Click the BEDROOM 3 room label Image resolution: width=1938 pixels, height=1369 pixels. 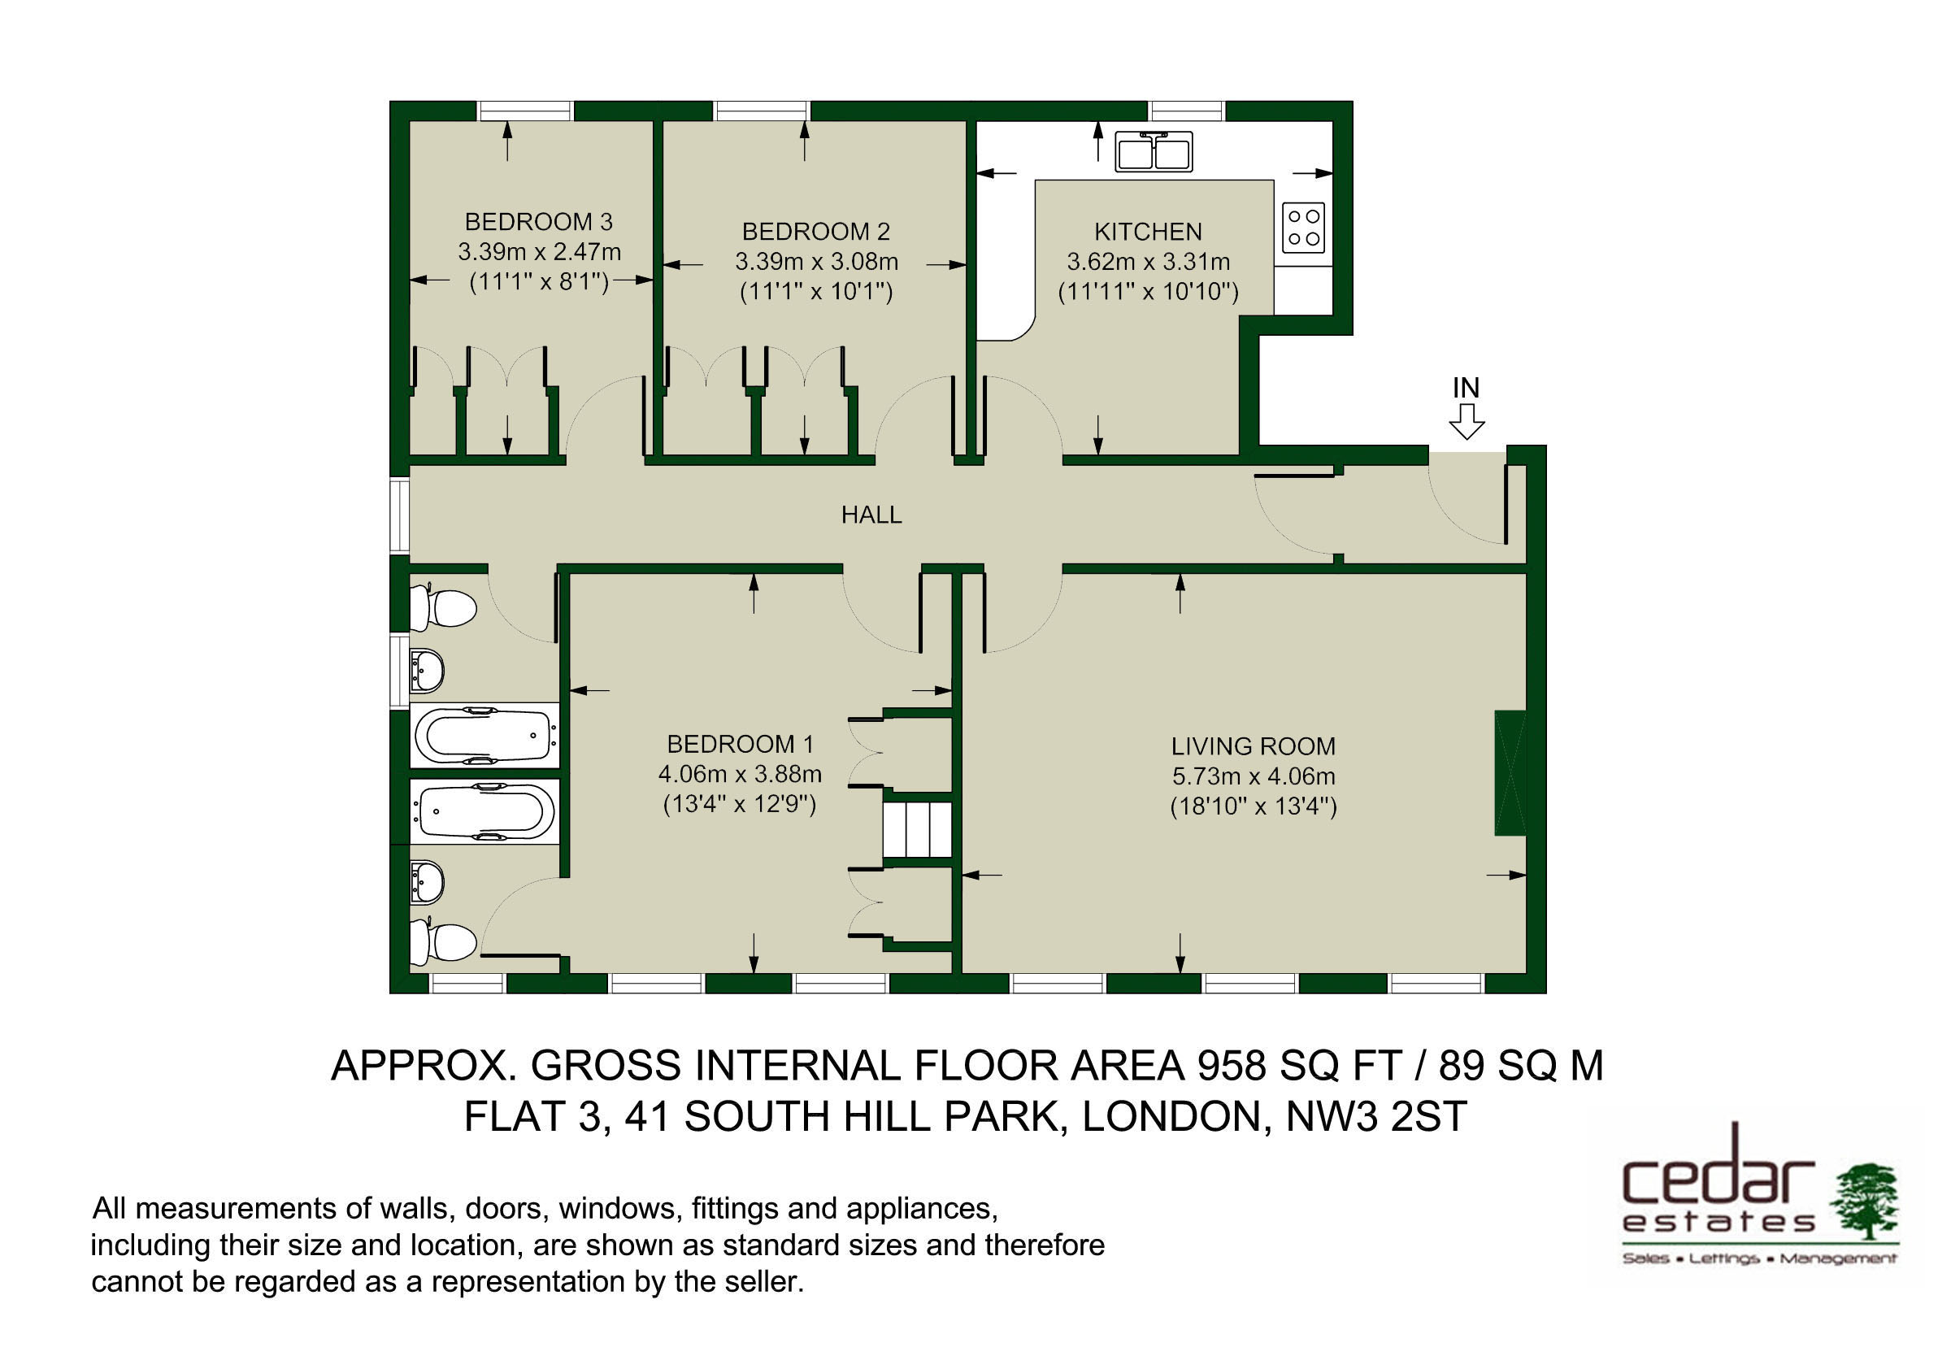(538, 222)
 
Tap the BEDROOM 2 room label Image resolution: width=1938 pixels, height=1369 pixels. (815, 231)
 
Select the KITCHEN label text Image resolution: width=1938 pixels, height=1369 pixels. (1148, 231)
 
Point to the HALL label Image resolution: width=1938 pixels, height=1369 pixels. (871, 514)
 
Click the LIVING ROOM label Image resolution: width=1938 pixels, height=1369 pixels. (1254, 746)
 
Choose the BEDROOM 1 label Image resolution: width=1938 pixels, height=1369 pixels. (741, 744)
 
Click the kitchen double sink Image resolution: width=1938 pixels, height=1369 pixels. (1153, 151)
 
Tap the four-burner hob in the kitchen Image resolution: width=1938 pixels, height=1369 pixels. (1303, 227)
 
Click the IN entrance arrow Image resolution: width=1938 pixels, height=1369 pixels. (1467, 421)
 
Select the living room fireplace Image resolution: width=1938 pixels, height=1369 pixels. (1511, 773)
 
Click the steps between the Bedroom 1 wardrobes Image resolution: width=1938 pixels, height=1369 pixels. (918, 830)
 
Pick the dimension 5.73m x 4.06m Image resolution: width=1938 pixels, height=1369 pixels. (1254, 776)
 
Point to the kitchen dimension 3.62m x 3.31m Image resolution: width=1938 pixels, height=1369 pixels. (1148, 262)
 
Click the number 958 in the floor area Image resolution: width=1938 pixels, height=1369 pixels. (1232, 1065)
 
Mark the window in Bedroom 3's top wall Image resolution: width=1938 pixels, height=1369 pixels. (526, 111)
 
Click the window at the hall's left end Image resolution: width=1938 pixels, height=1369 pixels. (399, 515)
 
